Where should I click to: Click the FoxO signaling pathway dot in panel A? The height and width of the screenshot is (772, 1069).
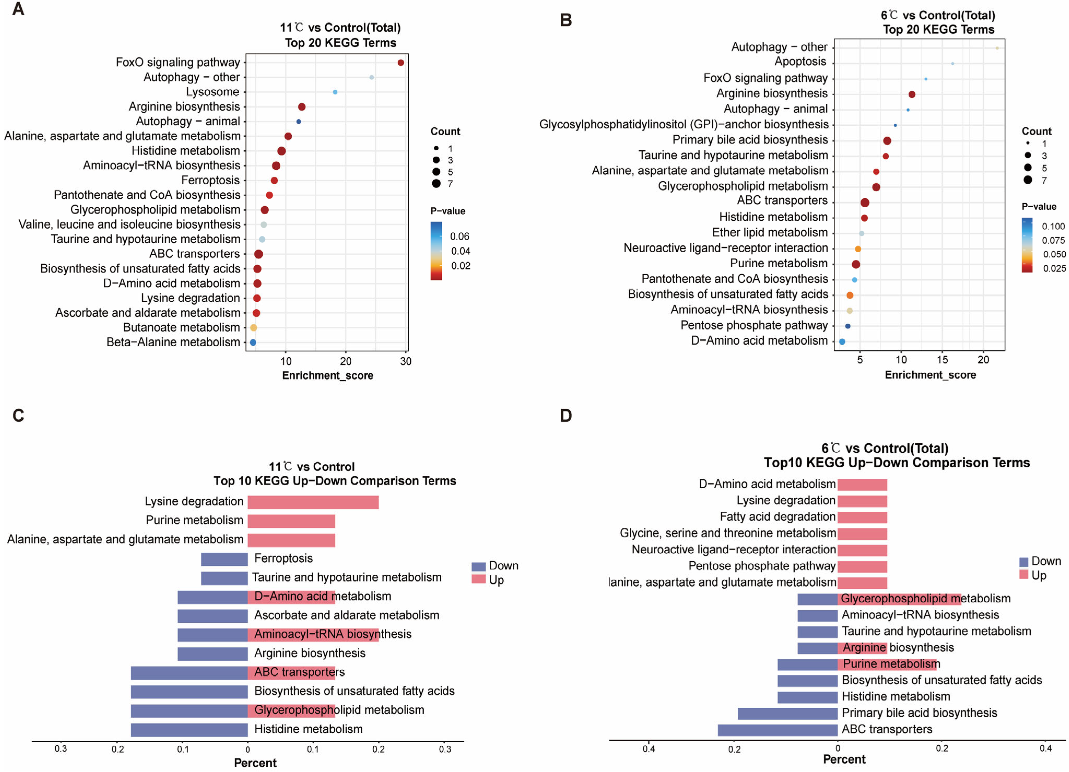tap(401, 63)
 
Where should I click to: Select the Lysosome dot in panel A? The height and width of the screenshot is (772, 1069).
tap(335, 92)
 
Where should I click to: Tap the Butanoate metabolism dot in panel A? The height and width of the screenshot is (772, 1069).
tap(253, 328)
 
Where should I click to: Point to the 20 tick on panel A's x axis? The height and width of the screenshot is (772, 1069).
tap(345, 361)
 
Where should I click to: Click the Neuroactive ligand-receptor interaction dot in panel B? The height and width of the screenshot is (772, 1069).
tap(858, 249)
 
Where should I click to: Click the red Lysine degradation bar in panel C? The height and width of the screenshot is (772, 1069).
tap(313, 502)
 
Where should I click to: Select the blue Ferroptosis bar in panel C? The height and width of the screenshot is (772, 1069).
tap(224, 559)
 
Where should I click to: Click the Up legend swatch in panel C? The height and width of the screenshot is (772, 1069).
tap(479, 579)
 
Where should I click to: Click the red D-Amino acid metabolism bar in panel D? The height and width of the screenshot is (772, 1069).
tap(862, 485)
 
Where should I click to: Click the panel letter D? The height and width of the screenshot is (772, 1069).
tap(566, 416)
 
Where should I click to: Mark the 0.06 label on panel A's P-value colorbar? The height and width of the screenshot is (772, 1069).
tap(459, 236)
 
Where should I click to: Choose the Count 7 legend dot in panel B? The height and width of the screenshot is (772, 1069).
tap(1027, 180)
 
